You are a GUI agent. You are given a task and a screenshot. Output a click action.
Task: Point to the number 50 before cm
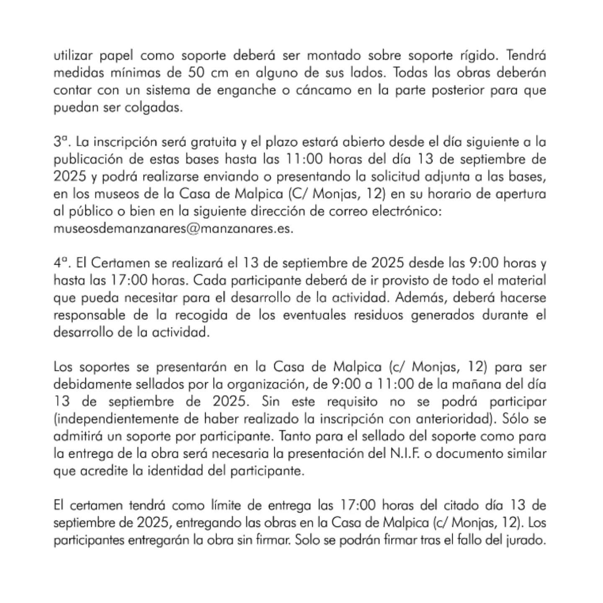point(196,73)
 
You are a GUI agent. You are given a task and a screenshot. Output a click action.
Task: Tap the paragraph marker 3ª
point(61,142)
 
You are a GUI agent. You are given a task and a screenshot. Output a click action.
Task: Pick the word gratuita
point(214,142)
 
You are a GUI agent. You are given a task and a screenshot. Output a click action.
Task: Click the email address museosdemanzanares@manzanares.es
point(173,229)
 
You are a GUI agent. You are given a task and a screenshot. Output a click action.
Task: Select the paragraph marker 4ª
point(61,263)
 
